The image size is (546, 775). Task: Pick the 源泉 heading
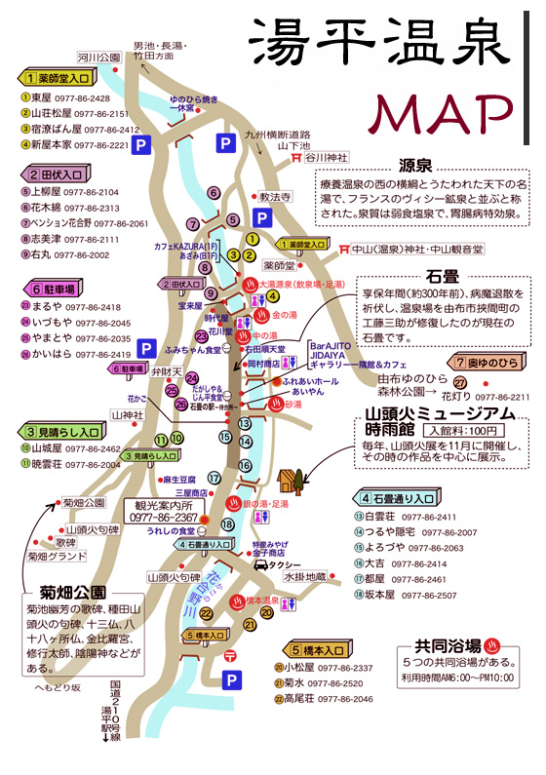420,166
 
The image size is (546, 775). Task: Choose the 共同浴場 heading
448,645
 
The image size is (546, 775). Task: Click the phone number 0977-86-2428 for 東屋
84,98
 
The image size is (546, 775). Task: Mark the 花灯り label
457,397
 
